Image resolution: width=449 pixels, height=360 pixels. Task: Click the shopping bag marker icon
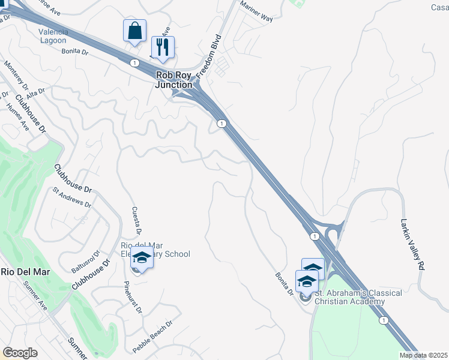pyautogui.click(x=135, y=30)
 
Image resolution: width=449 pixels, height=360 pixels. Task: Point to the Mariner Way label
pyautogui.click(x=256, y=13)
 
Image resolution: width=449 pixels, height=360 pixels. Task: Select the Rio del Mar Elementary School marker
pyautogui.click(x=142, y=259)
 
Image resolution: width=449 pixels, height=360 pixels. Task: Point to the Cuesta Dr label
pyautogui.click(x=136, y=220)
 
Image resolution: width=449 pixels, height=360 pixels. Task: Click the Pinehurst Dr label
pyautogui.click(x=133, y=298)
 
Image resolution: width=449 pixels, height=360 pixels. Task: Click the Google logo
pyautogui.click(x=20, y=353)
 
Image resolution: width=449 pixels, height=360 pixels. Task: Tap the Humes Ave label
pyautogui.click(x=17, y=118)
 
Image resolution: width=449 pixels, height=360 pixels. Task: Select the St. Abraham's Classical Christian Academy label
pyautogui.click(x=359, y=297)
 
